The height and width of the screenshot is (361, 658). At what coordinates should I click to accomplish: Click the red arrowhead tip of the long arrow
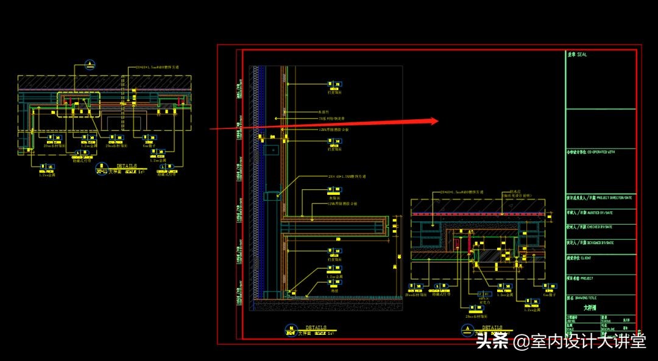(437, 121)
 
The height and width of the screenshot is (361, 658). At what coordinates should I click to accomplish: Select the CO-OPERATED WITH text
(601, 152)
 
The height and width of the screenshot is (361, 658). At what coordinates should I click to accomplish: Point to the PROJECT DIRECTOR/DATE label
(609, 197)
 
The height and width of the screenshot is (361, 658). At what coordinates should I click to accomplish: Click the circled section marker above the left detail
(90, 64)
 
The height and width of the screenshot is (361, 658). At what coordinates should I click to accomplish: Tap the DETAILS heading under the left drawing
(127, 165)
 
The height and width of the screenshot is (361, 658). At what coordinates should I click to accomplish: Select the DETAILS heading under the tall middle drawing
(316, 328)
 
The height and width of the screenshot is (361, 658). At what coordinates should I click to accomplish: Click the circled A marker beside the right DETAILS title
(468, 332)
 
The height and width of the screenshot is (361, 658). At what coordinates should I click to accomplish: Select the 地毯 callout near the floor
(334, 291)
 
